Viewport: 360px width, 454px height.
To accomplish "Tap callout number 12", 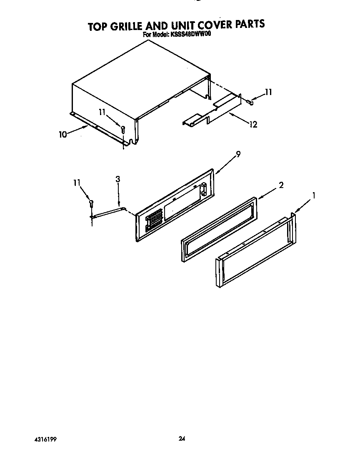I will [253, 124].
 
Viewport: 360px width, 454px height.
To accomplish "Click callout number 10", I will [63, 135].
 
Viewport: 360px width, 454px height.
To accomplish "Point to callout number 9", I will [238, 154].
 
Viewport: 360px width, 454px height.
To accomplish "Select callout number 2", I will [281, 186].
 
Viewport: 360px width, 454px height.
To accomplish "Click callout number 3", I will [118, 179].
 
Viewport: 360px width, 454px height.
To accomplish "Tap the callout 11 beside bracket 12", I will [269, 92].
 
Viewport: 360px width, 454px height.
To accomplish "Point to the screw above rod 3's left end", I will [91, 203].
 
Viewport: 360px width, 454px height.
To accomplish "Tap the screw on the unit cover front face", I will [123, 129].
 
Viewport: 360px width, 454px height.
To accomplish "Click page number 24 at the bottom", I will [181, 438].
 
